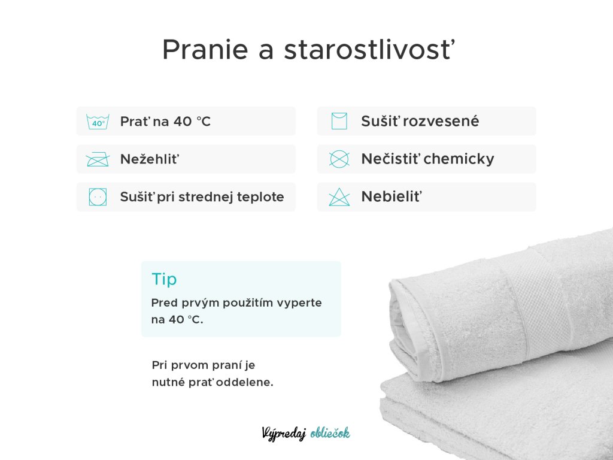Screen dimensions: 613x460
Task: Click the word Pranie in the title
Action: [x=205, y=49]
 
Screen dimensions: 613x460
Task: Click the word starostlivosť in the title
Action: [x=369, y=49]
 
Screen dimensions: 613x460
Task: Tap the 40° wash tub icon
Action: [x=98, y=122]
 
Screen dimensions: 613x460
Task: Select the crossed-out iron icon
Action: [x=98, y=159]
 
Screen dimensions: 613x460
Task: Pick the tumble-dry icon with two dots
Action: [x=98, y=196]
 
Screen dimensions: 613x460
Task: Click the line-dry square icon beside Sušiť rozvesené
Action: [x=339, y=121]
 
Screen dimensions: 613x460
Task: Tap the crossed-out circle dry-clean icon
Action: [x=339, y=159]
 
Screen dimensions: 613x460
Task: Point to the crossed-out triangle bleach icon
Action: [x=339, y=196]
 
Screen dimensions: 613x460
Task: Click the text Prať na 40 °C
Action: [x=165, y=121]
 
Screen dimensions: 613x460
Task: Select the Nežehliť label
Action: [x=150, y=159]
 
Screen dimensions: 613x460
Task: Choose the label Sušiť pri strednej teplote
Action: [x=202, y=196]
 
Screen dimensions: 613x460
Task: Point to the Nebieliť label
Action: [x=392, y=196]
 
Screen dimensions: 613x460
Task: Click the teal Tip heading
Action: [x=164, y=279]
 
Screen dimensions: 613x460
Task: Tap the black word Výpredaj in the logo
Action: [x=284, y=434]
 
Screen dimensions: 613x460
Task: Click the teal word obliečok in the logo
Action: [x=330, y=433]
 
